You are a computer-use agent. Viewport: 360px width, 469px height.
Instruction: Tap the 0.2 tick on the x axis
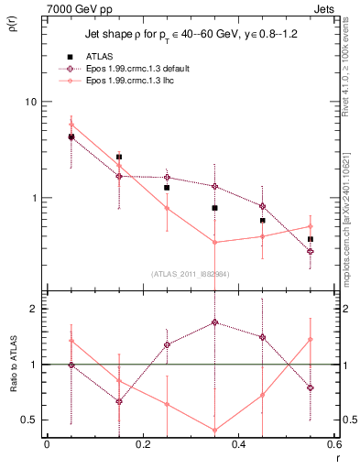(142, 444)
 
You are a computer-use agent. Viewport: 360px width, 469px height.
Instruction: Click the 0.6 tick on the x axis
(333, 444)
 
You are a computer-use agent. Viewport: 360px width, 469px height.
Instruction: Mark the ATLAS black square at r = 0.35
(214, 208)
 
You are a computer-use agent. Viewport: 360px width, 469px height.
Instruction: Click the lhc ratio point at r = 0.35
(214, 430)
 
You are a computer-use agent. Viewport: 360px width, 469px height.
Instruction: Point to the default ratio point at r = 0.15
(118, 401)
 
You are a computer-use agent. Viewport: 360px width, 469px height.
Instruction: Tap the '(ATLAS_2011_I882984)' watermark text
(190, 274)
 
